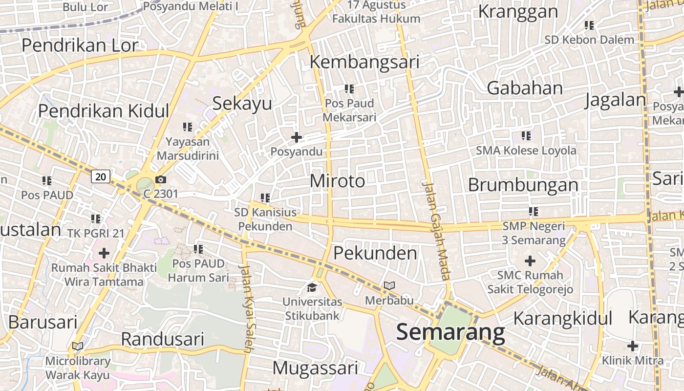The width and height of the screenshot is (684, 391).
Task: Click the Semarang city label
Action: coord(450,332)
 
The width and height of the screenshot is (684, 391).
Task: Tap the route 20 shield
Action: coord(101,176)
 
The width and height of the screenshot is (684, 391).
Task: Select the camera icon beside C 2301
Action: coord(160,180)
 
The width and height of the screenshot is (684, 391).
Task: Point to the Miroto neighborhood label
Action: coord(337,181)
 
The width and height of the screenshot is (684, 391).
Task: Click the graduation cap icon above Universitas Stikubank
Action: coord(312,287)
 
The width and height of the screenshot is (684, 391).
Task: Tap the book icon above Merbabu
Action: coord(389,285)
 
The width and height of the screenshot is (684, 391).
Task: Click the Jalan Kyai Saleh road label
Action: coord(248,308)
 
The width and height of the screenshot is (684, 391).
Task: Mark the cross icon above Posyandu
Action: coord(297,137)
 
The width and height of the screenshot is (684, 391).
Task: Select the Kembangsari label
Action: coord(365,62)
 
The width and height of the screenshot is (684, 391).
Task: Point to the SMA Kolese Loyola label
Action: coord(526,151)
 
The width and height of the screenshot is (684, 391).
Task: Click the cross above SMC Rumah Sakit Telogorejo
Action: coord(530,261)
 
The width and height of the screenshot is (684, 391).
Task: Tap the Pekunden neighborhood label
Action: coord(375,253)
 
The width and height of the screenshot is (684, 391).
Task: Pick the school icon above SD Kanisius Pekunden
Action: coord(265,198)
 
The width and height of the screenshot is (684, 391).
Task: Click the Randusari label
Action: coord(162,339)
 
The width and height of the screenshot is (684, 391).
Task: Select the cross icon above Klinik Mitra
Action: coord(633,346)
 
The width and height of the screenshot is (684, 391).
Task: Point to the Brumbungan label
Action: coord(523,185)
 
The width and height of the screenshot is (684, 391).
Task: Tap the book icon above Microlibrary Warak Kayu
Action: coord(78,347)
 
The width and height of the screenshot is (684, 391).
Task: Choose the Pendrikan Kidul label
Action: coord(104,111)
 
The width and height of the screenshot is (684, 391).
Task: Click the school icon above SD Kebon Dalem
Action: coord(589,25)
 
